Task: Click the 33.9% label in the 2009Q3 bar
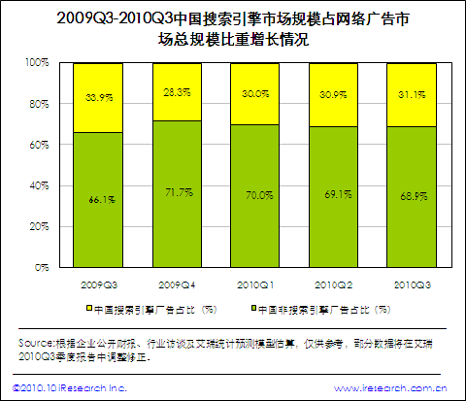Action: [99, 97]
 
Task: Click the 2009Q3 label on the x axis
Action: [98, 283]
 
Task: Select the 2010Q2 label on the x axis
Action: [333, 283]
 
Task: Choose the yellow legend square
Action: [85, 310]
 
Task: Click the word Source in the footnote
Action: [37, 345]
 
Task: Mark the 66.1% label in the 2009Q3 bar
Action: [99, 199]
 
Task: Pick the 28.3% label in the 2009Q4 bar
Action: [177, 92]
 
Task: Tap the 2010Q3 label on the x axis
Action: [412, 283]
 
